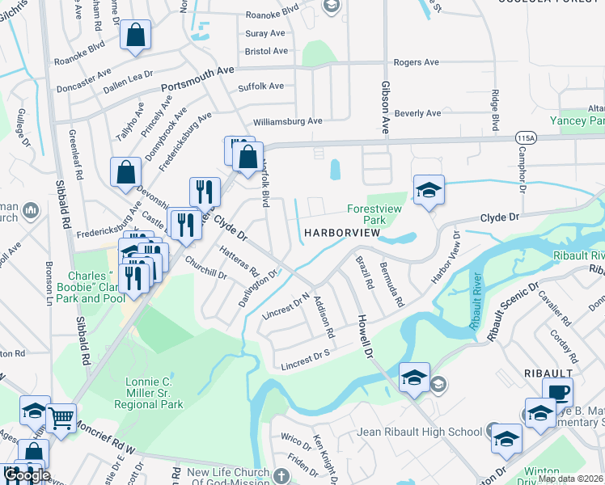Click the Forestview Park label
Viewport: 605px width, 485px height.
click(x=374, y=213)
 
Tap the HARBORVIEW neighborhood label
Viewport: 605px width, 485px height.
click(x=342, y=233)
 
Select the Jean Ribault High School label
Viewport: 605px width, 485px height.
click(x=419, y=432)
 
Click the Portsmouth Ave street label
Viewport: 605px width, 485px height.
click(x=197, y=79)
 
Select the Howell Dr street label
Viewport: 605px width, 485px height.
click(x=366, y=336)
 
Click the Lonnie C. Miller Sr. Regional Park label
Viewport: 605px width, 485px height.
click(x=149, y=393)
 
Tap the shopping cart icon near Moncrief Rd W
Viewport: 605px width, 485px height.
click(x=61, y=417)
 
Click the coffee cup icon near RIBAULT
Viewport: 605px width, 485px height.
click(x=557, y=392)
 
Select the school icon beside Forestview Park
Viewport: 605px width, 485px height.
click(x=429, y=190)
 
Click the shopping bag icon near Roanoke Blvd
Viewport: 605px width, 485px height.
click(x=135, y=35)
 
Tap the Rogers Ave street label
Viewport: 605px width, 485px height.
click(x=416, y=62)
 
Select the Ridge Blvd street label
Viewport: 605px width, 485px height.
click(x=494, y=111)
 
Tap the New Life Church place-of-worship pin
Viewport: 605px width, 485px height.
click(x=281, y=475)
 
